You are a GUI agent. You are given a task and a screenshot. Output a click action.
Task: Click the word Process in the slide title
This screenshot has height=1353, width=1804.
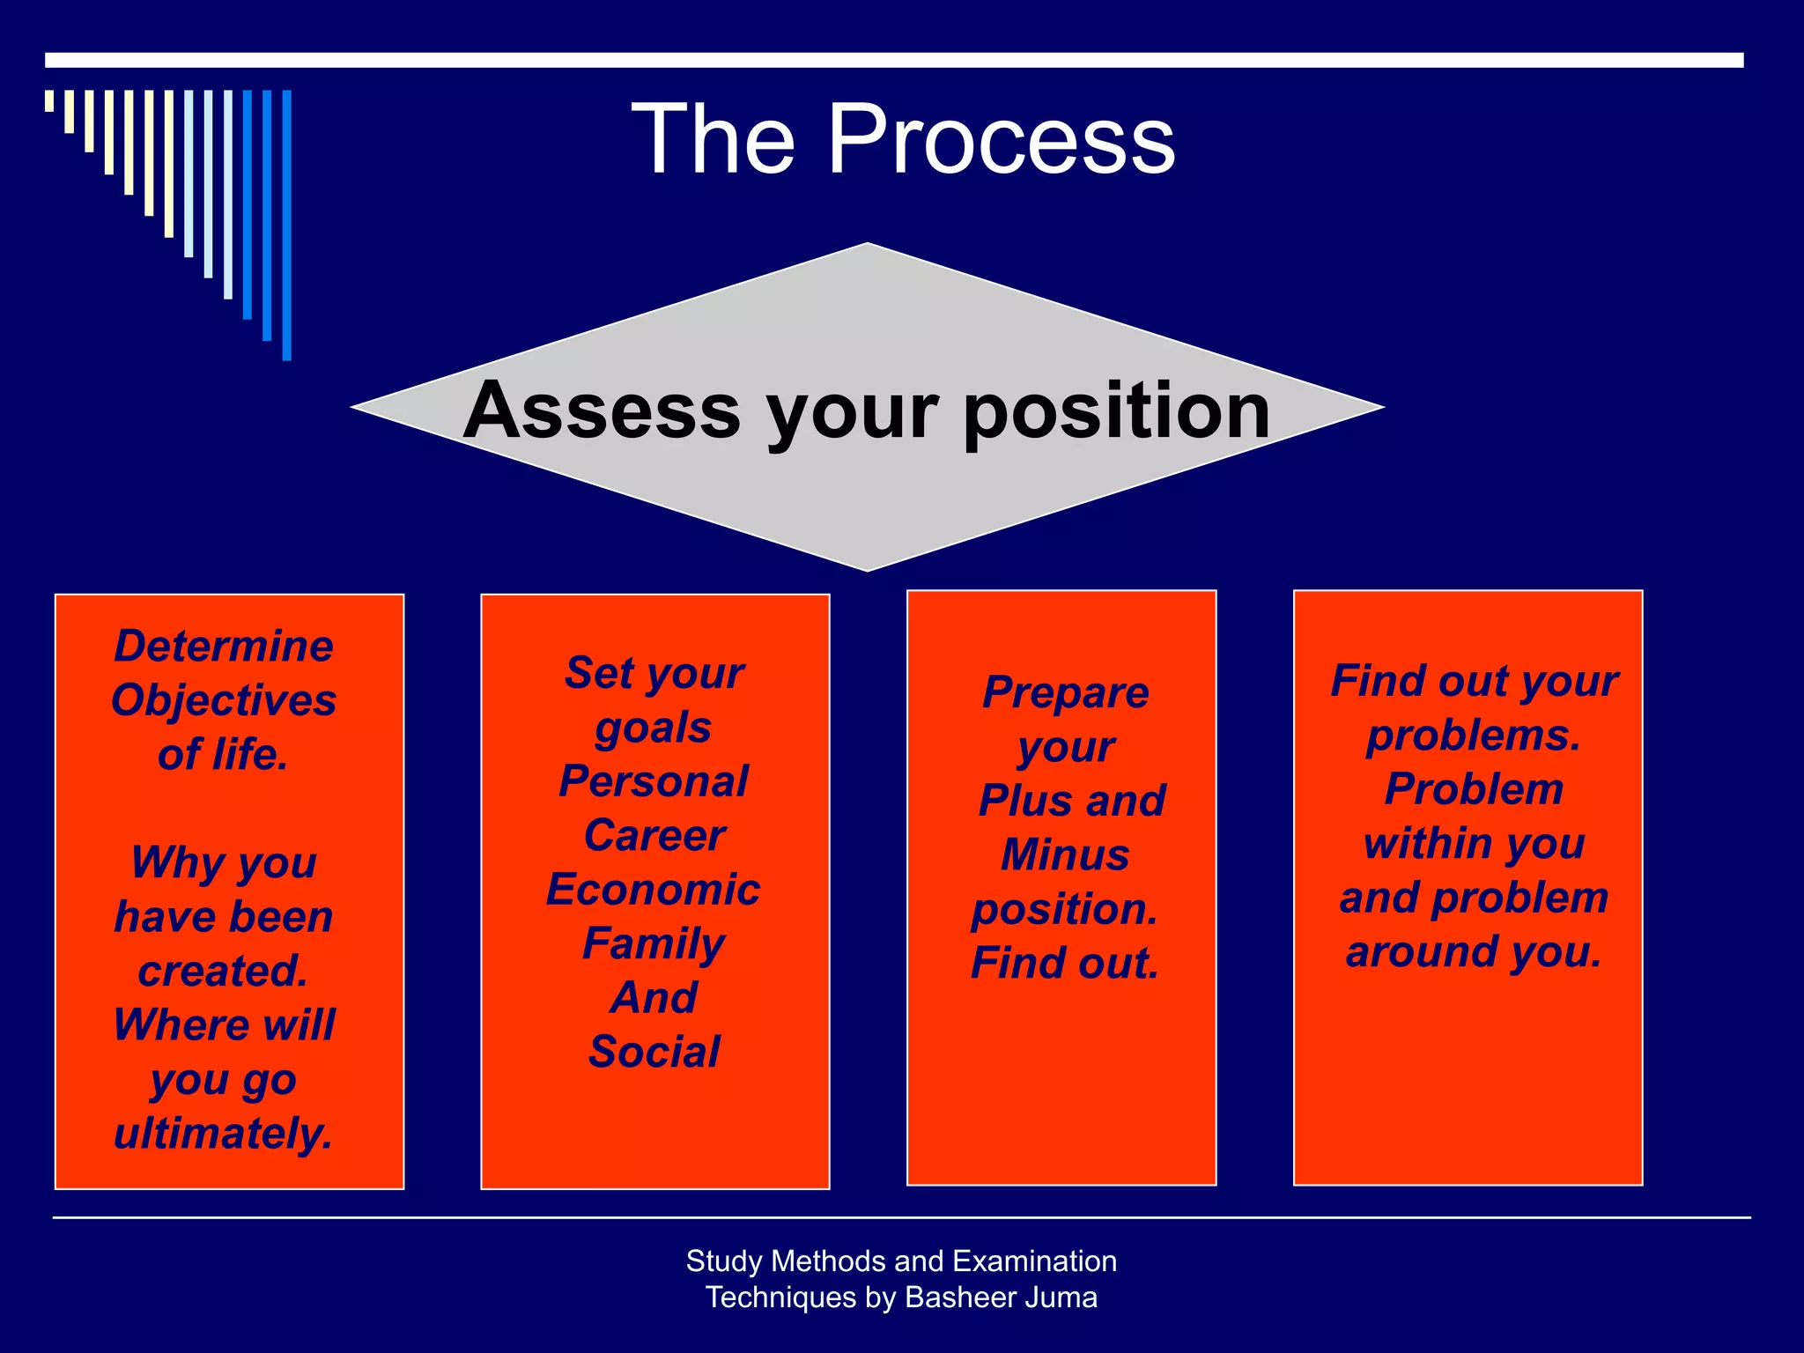pyautogui.click(x=1002, y=139)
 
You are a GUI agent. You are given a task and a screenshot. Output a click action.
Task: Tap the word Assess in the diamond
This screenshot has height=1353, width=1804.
pyautogui.click(x=602, y=410)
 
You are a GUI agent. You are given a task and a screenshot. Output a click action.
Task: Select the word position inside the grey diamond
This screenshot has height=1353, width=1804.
pyautogui.click(x=1117, y=410)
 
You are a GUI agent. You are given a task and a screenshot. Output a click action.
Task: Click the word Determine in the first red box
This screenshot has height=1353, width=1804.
pyautogui.click(x=224, y=647)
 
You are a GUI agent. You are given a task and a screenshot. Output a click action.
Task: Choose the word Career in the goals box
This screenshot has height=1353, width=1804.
pyautogui.click(x=654, y=836)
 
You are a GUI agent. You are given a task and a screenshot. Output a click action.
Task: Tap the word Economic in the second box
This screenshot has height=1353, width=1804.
pyautogui.click(x=653, y=890)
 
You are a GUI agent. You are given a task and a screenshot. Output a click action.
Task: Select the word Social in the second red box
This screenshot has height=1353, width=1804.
pyautogui.click(x=654, y=1053)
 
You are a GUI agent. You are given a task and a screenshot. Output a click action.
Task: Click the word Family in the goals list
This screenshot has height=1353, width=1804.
pyautogui.click(x=654, y=944)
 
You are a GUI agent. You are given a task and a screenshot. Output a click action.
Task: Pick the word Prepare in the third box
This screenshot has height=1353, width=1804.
pyautogui.click(x=1066, y=693)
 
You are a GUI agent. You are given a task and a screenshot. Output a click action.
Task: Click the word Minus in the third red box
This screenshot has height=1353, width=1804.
pyautogui.click(x=1065, y=855)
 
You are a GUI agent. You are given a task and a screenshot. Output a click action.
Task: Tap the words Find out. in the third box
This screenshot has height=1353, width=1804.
pyautogui.click(x=1065, y=964)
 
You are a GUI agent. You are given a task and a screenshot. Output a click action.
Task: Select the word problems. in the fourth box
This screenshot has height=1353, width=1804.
pyautogui.click(x=1474, y=736)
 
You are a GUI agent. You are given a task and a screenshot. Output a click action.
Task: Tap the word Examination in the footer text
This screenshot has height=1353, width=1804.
pyautogui.click(x=1034, y=1261)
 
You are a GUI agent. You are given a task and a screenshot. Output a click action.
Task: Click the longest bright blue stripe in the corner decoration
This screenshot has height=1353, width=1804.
pyautogui.click(x=286, y=225)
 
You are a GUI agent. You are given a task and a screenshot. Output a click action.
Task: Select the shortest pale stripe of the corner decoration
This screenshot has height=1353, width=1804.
pyautogui.click(x=49, y=100)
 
